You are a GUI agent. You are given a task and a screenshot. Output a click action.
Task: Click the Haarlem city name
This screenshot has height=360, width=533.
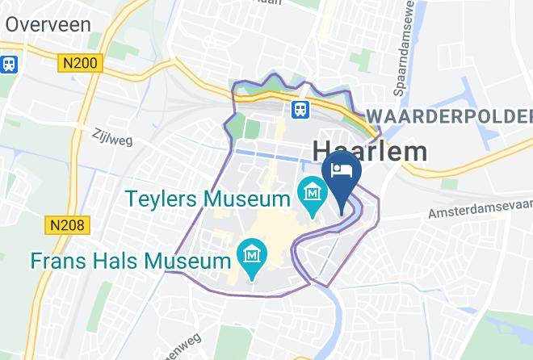[369, 151]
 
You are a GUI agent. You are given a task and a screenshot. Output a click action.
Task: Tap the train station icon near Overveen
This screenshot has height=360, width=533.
[10, 63]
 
